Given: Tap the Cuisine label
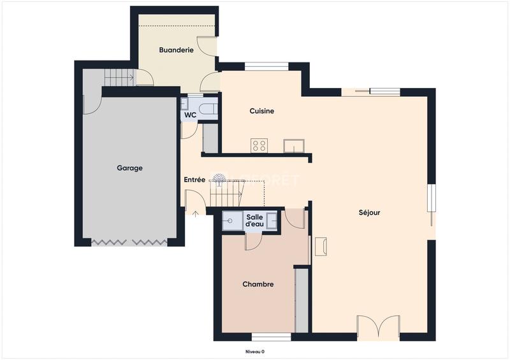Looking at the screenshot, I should [261, 111].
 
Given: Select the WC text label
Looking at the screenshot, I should [190, 115].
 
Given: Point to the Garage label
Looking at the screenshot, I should [129, 168].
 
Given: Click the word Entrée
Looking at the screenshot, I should [194, 180].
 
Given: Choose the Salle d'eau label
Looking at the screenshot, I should [255, 220].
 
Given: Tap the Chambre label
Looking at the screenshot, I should [258, 284].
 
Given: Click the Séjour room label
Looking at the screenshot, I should [369, 213].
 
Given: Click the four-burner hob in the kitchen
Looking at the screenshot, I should [259, 145].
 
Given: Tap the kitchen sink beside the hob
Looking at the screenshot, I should [293, 146].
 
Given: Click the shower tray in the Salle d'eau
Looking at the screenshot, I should [229, 220].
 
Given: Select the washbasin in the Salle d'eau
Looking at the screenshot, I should [272, 220].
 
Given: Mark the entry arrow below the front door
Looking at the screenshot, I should [195, 212].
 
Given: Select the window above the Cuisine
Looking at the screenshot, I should [266, 66].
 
